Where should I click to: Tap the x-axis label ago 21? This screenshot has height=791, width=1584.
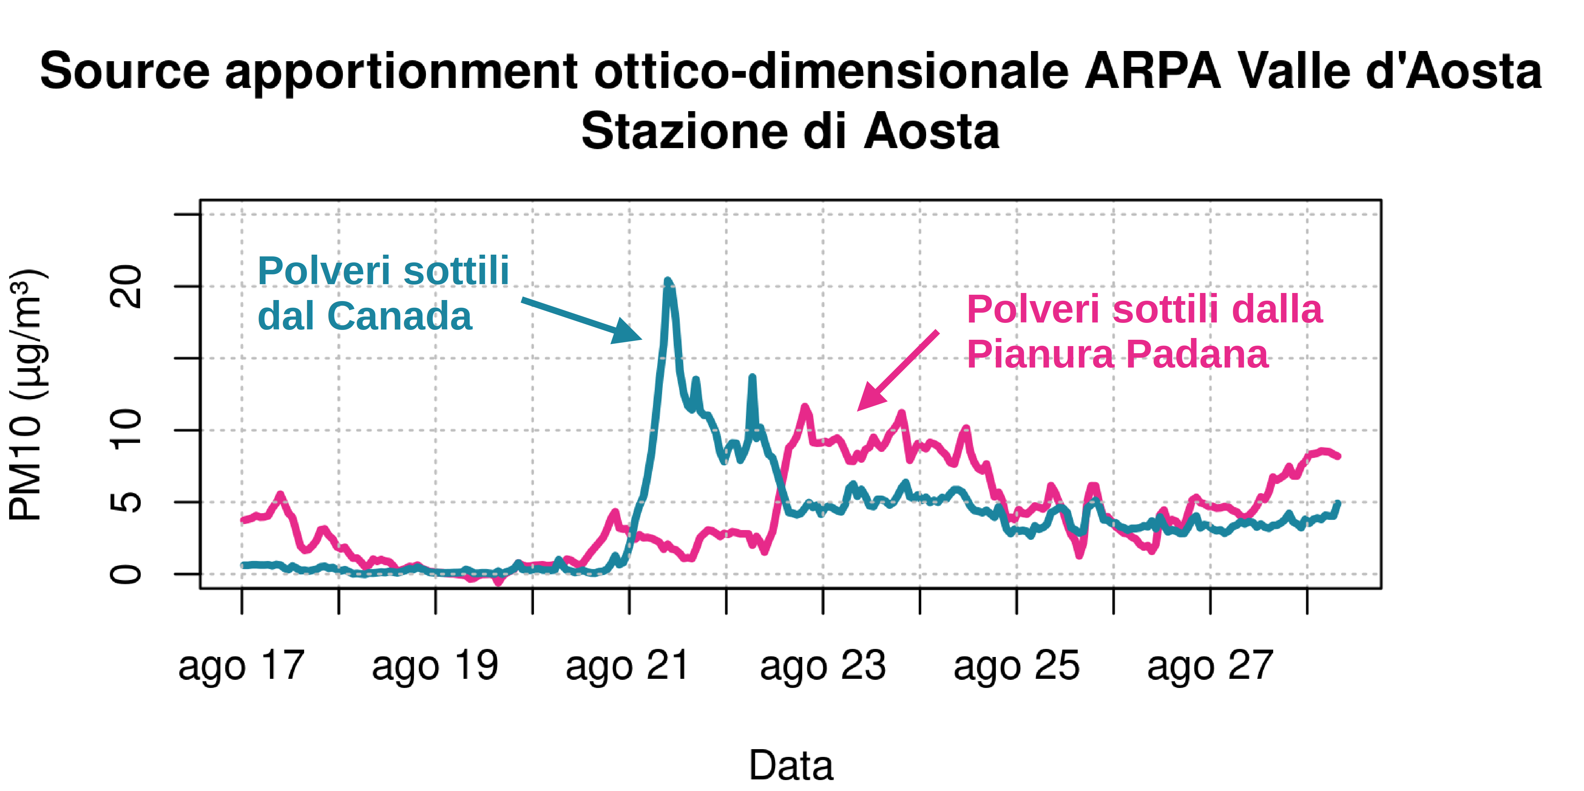click(628, 666)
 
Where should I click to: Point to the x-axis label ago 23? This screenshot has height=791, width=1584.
click(823, 666)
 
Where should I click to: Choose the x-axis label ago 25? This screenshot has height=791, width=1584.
click(1017, 666)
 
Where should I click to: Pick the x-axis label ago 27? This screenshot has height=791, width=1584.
click(1210, 666)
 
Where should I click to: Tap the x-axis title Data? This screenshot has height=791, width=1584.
click(791, 766)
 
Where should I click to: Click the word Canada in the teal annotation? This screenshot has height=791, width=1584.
click(399, 317)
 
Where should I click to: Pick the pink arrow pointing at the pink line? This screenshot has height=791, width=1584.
click(898, 371)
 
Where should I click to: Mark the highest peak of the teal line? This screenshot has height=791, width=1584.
click(668, 281)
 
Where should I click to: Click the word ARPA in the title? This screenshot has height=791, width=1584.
click(1152, 72)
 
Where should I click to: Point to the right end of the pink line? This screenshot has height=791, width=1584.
click(1338, 456)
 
